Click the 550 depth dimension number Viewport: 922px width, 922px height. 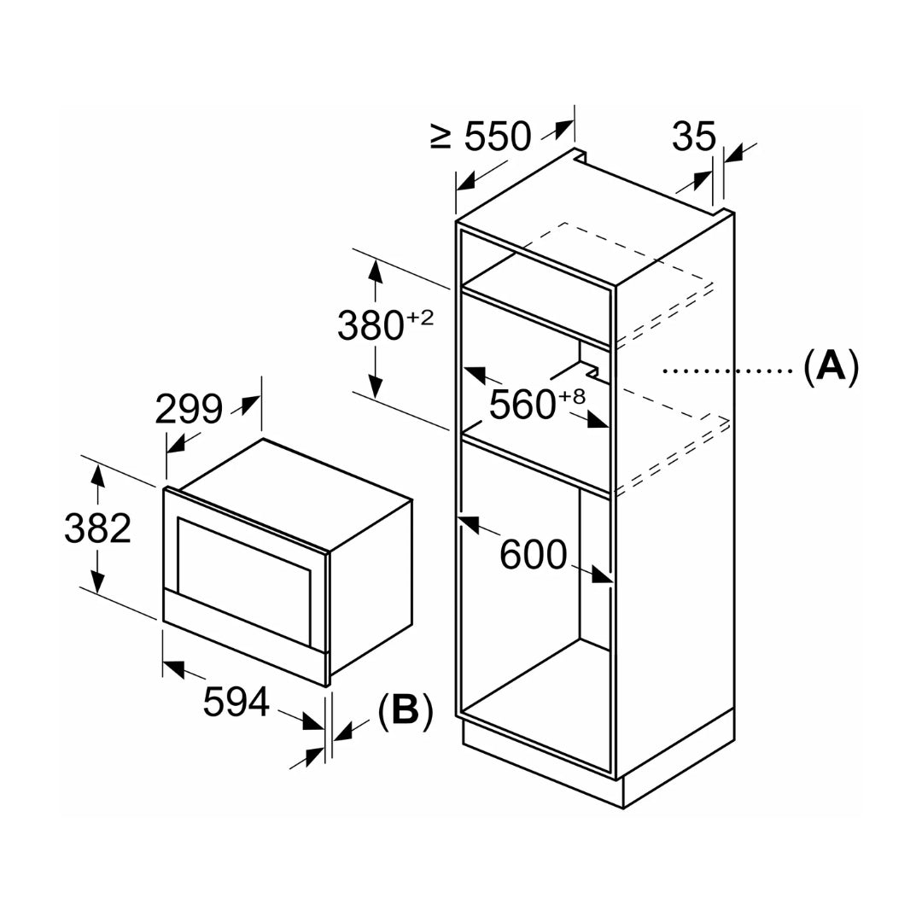[498, 137]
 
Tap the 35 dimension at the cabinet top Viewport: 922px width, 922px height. [693, 137]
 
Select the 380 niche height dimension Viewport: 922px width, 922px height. [371, 326]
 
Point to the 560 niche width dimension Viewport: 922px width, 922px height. [523, 405]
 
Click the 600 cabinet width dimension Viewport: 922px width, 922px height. [534, 556]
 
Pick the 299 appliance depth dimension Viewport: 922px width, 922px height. [189, 411]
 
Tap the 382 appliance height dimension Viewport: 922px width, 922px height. [97, 528]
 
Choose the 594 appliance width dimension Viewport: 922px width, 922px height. [236, 703]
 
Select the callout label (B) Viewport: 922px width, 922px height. [406, 710]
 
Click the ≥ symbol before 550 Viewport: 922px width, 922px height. [441, 137]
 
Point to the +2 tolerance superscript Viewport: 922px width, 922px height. [420, 318]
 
